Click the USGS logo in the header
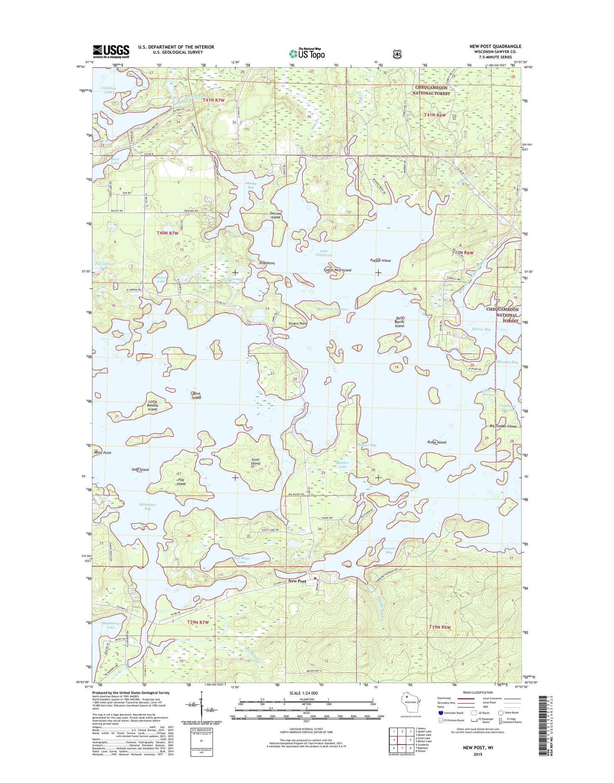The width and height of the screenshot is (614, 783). point(111,51)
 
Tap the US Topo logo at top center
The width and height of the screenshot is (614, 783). point(307,53)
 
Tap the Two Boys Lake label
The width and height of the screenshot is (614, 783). point(241,560)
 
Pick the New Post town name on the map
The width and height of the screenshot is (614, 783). point(297,581)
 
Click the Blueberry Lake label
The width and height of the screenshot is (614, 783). point(110,624)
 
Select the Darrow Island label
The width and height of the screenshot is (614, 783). point(275,215)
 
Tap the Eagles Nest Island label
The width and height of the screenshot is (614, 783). point(337,270)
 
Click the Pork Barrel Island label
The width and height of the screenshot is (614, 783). point(399,322)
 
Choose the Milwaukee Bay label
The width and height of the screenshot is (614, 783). point(147,506)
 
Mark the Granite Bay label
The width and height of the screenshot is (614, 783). point(389,550)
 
